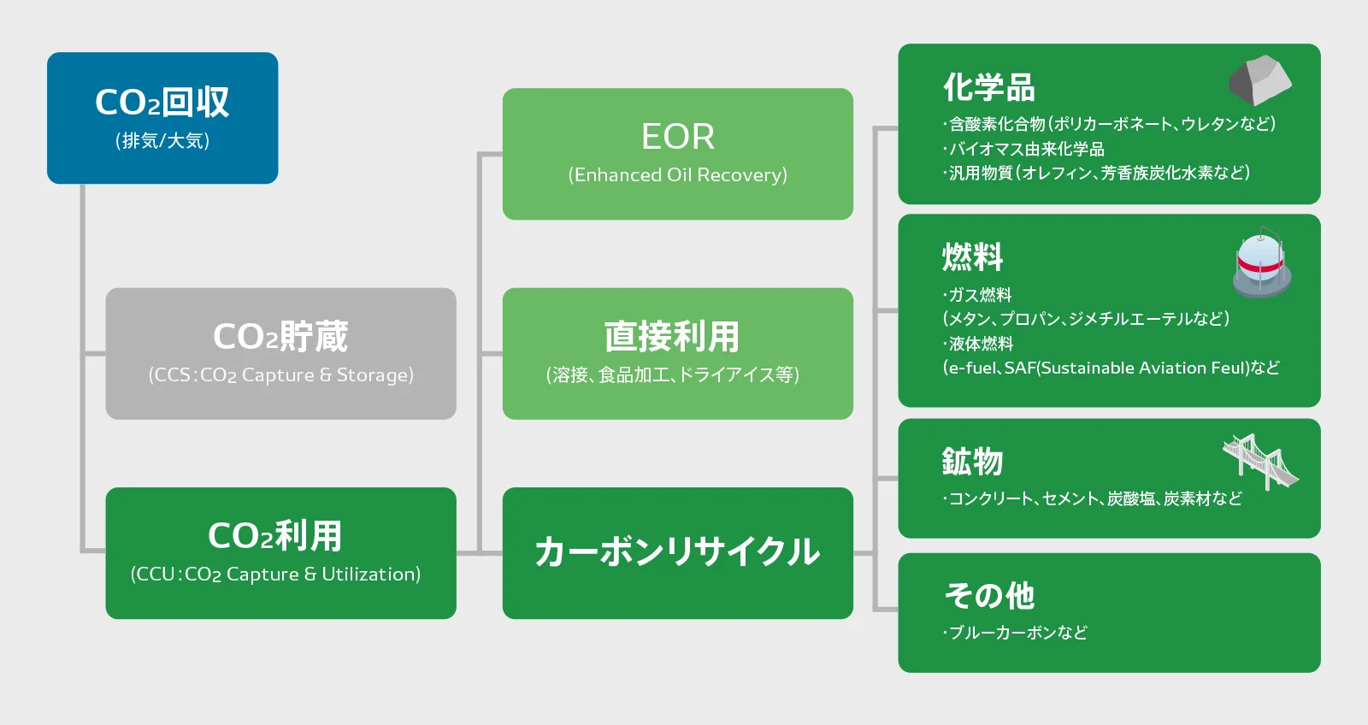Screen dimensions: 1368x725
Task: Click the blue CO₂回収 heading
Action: pos(162,102)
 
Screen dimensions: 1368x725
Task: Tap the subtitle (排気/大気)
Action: pos(162,141)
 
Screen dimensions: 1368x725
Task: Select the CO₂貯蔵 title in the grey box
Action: pos(280,336)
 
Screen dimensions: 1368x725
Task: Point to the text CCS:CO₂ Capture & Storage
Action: pos(281,375)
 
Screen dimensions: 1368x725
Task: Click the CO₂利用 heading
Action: pos(274,536)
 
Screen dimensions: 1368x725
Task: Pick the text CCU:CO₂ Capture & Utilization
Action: pos(275,575)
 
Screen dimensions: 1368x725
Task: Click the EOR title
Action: pos(678,136)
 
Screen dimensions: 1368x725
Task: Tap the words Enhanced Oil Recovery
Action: pos(678,175)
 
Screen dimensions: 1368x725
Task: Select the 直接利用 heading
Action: pos(672,337)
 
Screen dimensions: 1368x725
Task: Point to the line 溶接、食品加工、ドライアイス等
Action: pos(672,374)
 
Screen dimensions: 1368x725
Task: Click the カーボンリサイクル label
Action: pos(677,552)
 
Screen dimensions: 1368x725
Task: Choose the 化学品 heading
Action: pos(989,87)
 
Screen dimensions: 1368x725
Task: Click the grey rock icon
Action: pos(1260,80)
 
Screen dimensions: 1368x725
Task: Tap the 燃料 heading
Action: pos(973,256)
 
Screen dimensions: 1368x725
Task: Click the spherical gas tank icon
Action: pos(1262,263)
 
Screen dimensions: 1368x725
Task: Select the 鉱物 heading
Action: pos(973,461)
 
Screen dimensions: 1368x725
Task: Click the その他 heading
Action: pos(989,596)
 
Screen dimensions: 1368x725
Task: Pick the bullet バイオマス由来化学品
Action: pos(1023,149)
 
